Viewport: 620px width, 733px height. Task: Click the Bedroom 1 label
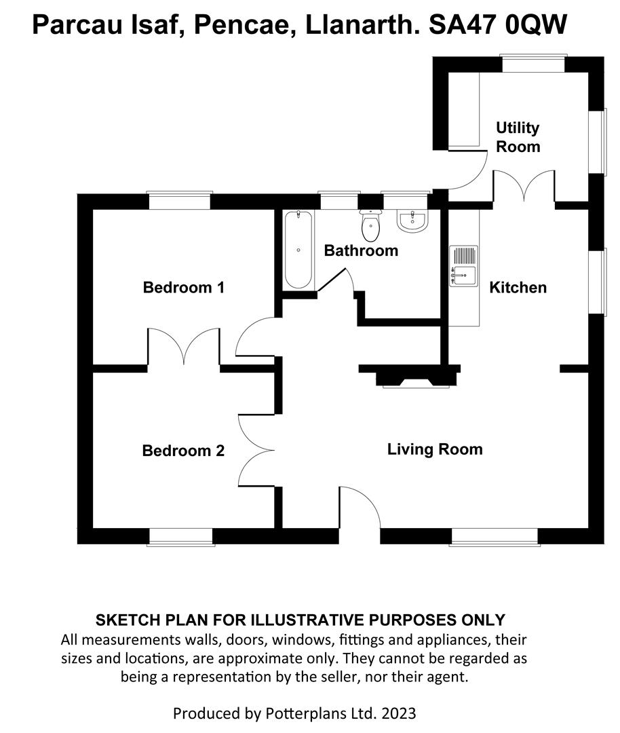click(x=183, y=288)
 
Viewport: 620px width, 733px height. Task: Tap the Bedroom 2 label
click(x=183, y=451)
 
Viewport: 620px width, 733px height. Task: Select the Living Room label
click(x=435, y=449)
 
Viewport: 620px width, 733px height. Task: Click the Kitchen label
click(x=518, y=288)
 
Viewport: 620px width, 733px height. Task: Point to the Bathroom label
click(x=361, y=251)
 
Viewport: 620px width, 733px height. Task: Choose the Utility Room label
click(x=518, y=137)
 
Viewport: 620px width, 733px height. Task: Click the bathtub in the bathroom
click(x=298, y=250)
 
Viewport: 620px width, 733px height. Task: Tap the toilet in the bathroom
click(x=370, y=227)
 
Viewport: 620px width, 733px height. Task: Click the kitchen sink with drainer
click(x=463, y=266)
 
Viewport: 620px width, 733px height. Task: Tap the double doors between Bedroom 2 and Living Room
click(x=256, y=449)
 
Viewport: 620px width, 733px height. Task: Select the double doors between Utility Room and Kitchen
click(x=524, y=187)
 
